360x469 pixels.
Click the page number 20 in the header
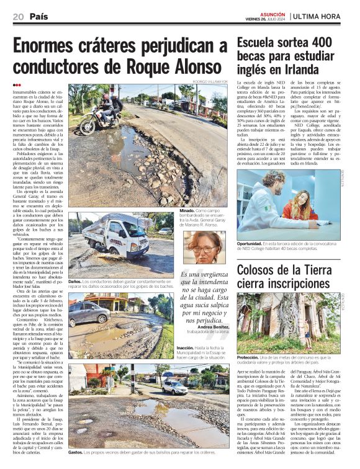[x=17, y=16]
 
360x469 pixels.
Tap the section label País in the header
[x=38, y=16]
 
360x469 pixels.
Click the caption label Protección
[x=248, y=358]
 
